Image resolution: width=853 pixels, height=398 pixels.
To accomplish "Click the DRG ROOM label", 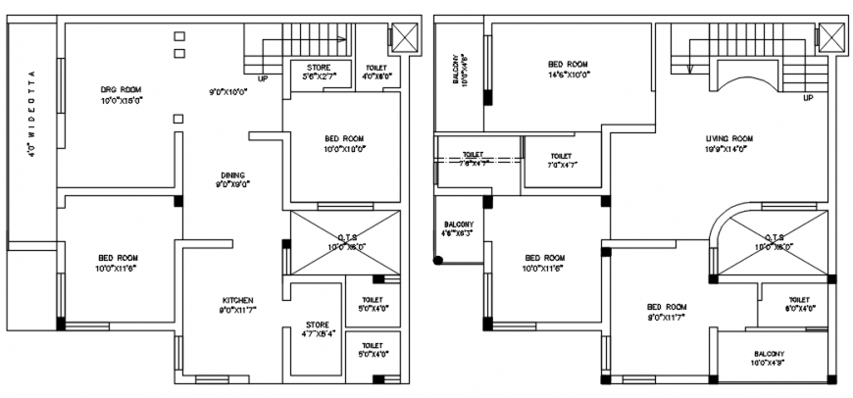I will coord(121,94).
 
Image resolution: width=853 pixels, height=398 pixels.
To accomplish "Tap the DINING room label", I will coord(232,178).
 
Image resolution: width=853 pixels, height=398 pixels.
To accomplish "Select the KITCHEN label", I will coord(237,305).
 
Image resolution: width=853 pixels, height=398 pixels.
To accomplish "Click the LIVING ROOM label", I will coord(728,144).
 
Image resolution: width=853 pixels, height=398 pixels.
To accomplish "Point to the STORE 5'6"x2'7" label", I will coord(319,72).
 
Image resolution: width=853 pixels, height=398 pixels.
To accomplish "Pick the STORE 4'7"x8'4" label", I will coord(317,329).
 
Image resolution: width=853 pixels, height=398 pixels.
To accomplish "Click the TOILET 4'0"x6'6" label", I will coord(376,72).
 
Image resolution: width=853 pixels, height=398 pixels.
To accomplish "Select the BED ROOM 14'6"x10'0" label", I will coord(568,70).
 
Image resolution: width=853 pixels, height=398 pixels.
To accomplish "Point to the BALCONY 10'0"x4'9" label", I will coord(776,359).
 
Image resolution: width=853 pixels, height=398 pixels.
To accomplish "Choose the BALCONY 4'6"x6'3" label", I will coord(459,228).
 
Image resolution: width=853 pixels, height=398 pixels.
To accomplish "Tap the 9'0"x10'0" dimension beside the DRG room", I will coord(227,92).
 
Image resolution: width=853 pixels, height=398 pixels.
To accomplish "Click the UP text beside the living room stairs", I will coord(807,99).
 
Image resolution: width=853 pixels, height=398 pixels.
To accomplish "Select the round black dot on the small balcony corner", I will coord(438,261).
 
